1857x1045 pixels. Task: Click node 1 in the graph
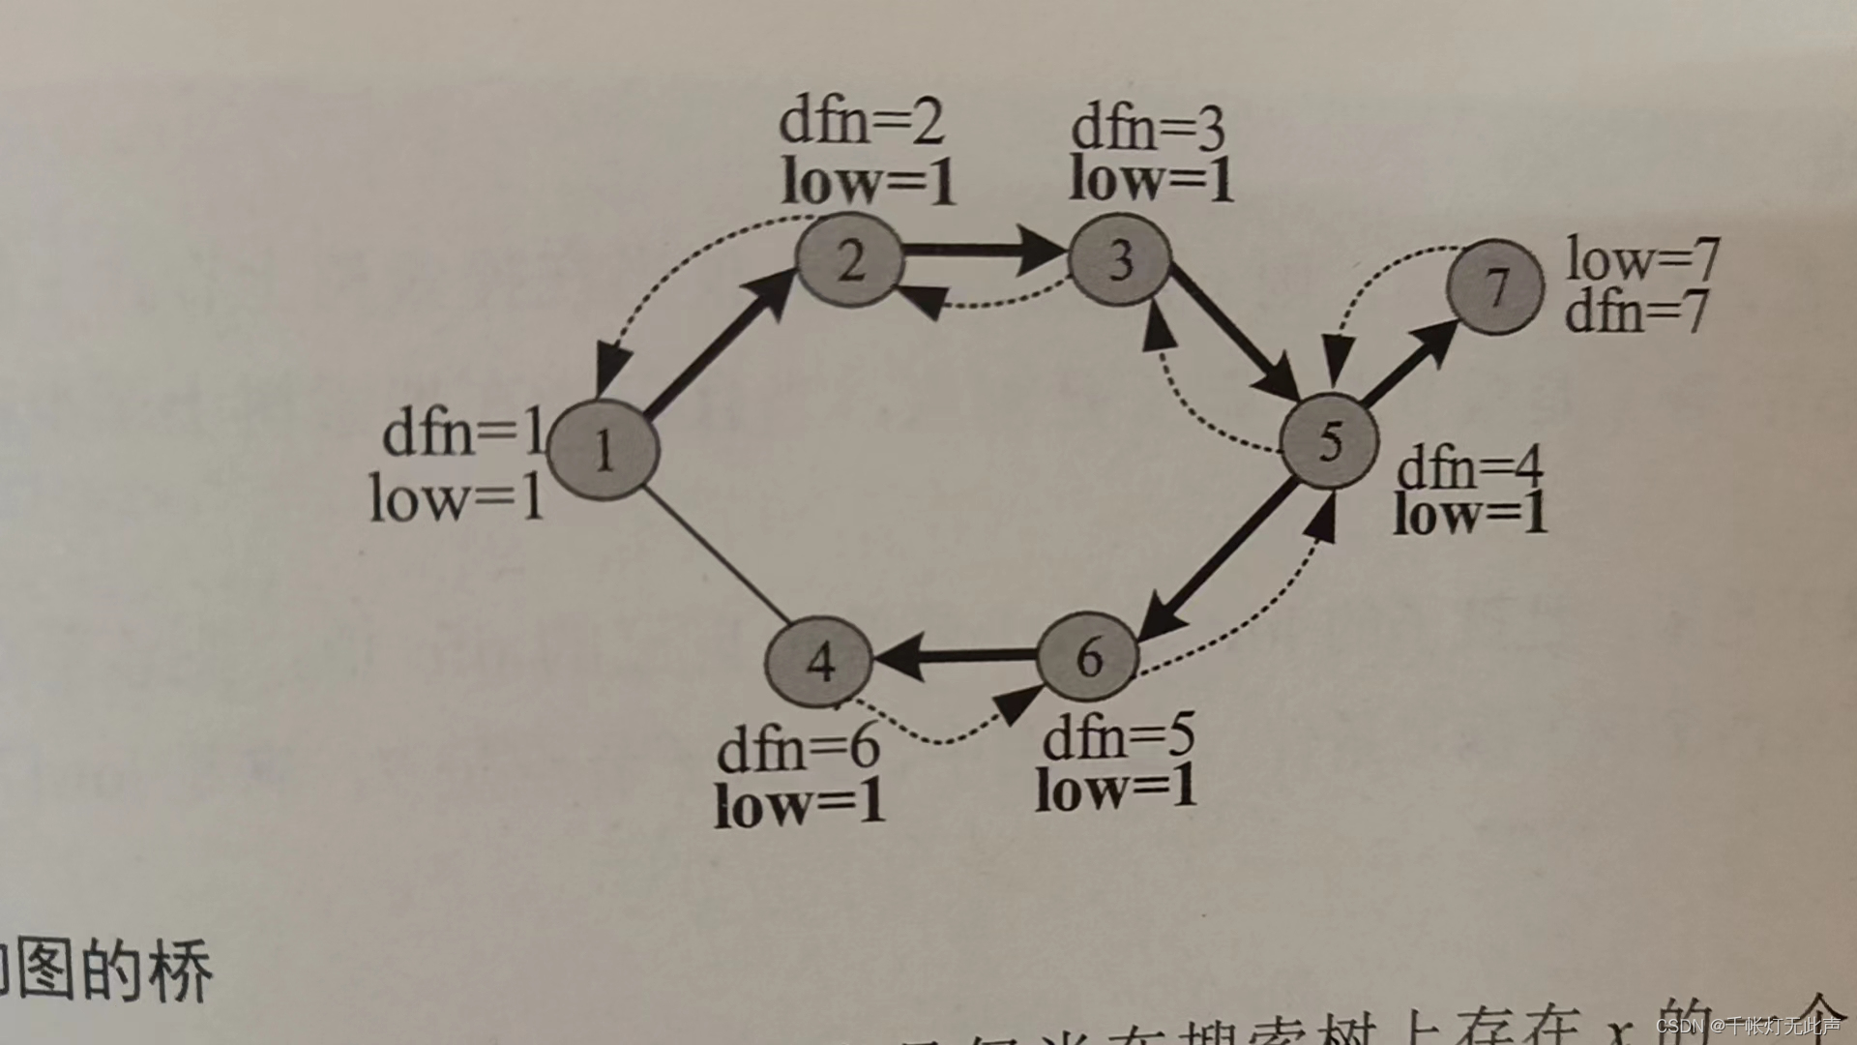pyautogui.click(x=604, y=450)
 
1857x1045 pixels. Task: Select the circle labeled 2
pyautogui.click(x=849, y=259)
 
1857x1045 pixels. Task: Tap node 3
pyautogui.click(x=1120, y=258)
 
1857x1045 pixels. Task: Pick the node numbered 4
pyautogui.click(x=819, y=662)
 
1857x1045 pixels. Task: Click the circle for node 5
pyautogui.click(x=1329, y=441)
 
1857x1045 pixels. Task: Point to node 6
pyautogui.click(x=1088, y=658)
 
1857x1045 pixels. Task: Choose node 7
pyautogui.click(x=1494, y=287)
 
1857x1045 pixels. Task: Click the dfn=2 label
pyautogui.click(x=861, y=122)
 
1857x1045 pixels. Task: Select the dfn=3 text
pyautogui.click(x=1147, y=129)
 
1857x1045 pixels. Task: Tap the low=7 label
pyautogui.click(x=1642, y=258)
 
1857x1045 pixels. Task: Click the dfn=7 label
pyautogui.click(x=1636, y=313)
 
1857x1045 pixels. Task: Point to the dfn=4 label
pyautogui.click(x=1469, y=468)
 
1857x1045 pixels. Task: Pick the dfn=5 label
pyautogui.click(x=1118, y=737)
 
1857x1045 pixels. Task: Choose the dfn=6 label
pyautogui.click(x=798, y=748)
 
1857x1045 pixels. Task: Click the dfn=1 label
pyautogui.click(x=462, y=433)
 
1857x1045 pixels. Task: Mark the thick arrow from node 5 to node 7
pyautogui.click(x=1407, y=363)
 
